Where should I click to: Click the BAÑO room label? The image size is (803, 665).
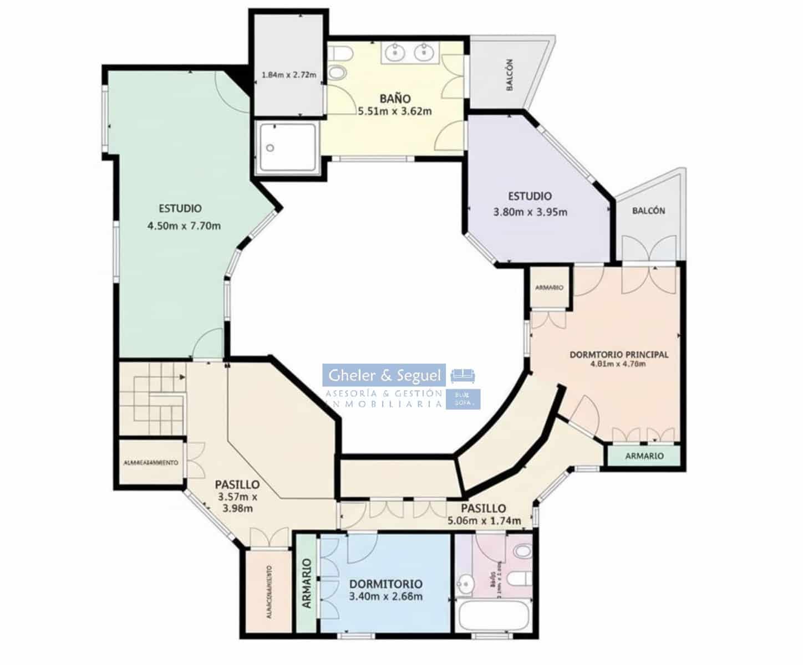point(395,99)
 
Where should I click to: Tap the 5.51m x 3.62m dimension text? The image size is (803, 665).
point(395,111)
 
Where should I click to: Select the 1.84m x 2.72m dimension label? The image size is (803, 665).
point(288,75)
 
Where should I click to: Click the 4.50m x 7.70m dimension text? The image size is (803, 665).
point(184,226)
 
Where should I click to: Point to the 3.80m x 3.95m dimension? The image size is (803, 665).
point(530,212)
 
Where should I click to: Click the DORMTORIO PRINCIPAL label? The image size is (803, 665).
point(619,355)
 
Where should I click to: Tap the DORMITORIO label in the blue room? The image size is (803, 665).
point(386,584)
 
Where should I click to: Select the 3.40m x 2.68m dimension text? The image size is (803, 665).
point(386,597)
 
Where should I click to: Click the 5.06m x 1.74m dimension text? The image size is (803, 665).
point(484,521)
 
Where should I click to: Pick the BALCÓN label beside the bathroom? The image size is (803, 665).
point(510,75)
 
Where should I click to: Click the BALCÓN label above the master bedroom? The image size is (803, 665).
point(648,211)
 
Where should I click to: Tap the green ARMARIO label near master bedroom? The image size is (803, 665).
point(644,456)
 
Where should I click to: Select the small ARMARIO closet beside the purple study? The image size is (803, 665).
point(550,288)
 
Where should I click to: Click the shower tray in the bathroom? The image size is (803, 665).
point(287,147)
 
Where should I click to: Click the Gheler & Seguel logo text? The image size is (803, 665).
point(384,376)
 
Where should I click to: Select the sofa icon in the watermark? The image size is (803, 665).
point(463,376)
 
